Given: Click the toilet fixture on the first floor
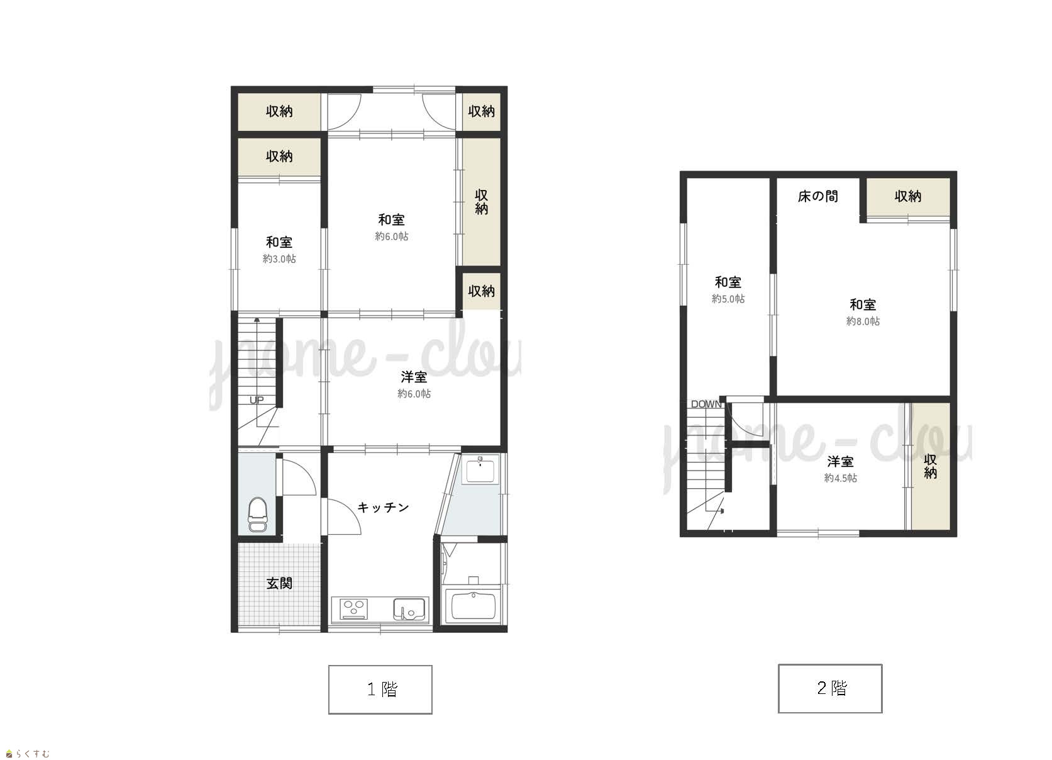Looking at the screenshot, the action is (257, 514).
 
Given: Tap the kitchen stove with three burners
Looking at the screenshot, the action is (353, 609).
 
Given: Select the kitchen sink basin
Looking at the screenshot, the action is (409, 609).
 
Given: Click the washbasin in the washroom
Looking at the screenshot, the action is (480, 469).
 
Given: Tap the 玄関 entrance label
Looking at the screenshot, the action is (279, 583).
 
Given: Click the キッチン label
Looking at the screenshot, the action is (383, 507).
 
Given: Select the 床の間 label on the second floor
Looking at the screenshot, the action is (817, 196).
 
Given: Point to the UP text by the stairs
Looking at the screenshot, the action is (257, 400).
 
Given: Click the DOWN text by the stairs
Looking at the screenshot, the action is (706, 404).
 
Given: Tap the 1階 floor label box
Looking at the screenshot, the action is (380, 690).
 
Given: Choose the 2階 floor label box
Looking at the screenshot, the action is (830, 688).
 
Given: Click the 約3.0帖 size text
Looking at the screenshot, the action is (279, 259).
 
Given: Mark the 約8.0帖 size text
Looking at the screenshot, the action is (863, 321).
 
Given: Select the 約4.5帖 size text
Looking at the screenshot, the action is (841, 478).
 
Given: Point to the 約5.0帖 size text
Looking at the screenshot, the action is (728, 298).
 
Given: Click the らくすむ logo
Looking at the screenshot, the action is (27, 754).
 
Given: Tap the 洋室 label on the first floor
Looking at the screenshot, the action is (414, 376).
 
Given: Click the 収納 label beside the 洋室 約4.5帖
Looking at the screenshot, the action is (931, 466).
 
